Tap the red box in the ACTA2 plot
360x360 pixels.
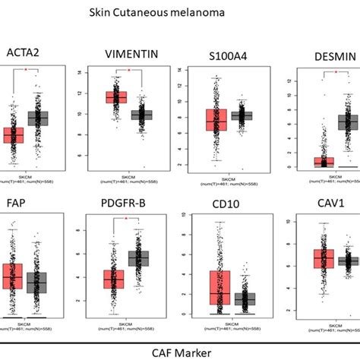click(x=13, y=135)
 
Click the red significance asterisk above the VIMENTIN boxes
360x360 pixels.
click(x=128, y=71)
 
